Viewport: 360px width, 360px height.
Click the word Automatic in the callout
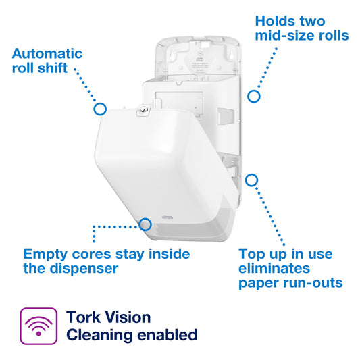point(47,53)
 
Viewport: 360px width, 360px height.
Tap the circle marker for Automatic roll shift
point(99,108)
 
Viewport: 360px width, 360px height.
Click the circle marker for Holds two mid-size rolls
point(254,96)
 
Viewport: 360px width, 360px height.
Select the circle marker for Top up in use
point(252,180)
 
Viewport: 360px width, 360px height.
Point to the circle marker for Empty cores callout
point(145,224)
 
